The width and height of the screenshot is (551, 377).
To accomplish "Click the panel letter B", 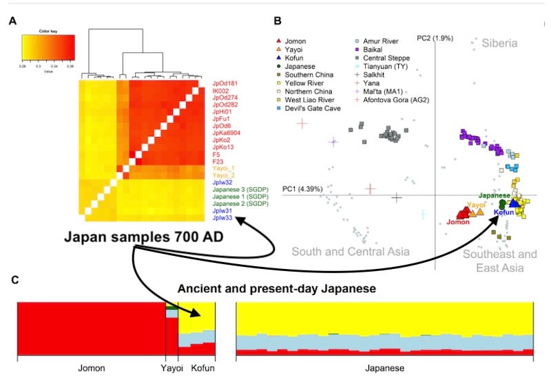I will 278,21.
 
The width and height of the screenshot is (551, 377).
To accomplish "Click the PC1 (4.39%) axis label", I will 302,188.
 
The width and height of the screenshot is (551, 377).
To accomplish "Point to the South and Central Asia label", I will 351,252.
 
